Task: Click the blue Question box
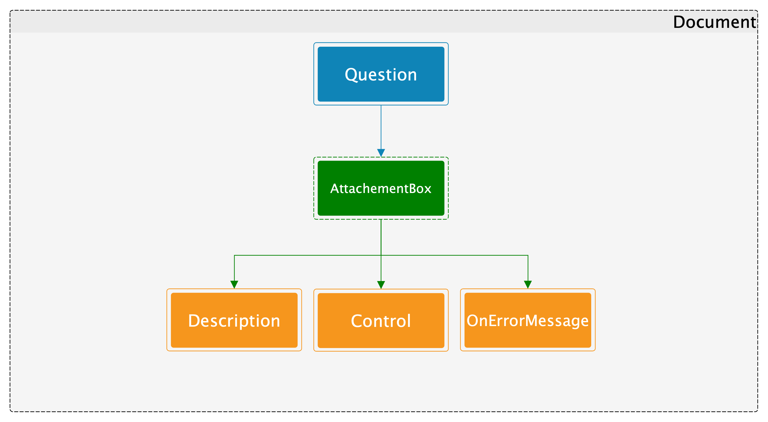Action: point(381,74)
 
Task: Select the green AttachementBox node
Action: point(381,188)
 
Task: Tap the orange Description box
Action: point(234,320)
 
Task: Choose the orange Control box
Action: point(381,320)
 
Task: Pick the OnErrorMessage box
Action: point(528,320)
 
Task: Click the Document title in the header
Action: point(715,22)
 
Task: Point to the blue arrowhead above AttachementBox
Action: point(381,153)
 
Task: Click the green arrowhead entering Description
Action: point(234,285)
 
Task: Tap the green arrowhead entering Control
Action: point(381,285)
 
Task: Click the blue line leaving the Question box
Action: point(381,127)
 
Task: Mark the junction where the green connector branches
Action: point(381,255)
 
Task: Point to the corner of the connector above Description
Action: point(234,255)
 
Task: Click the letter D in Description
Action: point(194,321)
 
